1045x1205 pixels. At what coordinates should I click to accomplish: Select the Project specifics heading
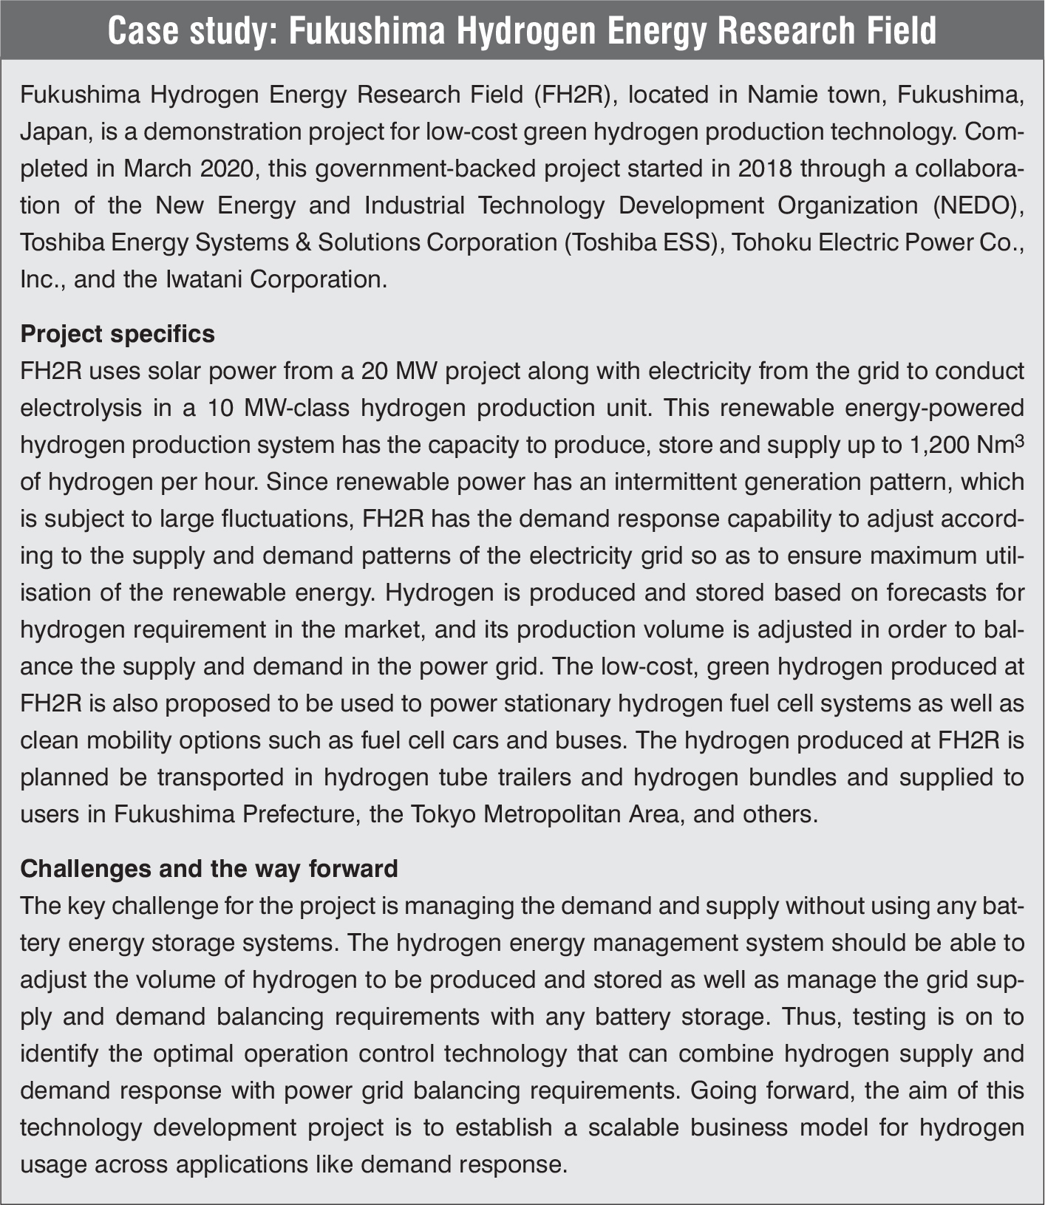(x=118, y=334)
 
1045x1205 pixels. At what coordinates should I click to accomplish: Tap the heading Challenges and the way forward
(x=209, y=867)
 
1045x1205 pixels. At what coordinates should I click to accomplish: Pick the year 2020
(x=227, y=168)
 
